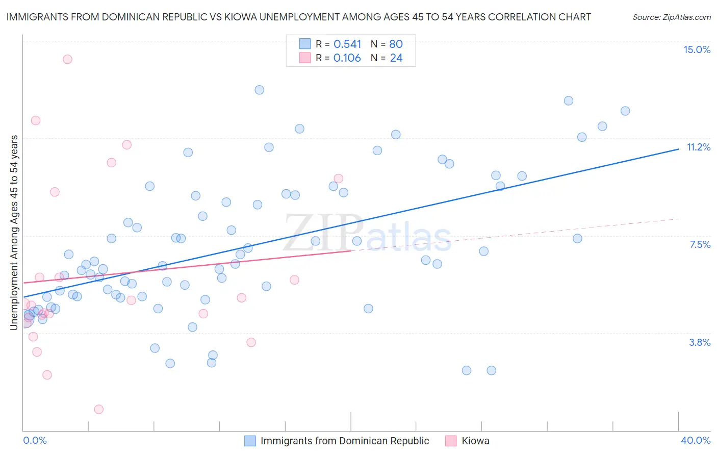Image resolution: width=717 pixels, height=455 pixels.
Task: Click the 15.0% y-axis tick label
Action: (697, 49)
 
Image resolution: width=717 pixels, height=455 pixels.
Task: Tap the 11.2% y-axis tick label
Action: (698, 147)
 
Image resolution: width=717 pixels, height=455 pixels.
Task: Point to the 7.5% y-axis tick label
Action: (700, 244)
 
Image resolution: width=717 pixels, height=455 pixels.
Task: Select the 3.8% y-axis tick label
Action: (700, 342)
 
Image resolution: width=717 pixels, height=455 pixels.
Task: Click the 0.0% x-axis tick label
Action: (35, 440)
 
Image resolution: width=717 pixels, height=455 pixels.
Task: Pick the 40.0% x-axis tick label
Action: (695, 440)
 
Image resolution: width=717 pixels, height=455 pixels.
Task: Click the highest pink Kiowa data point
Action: (67, 59)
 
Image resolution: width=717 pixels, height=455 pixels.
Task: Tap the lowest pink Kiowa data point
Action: (99, 409)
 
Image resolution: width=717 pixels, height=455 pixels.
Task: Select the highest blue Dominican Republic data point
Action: (259, 90)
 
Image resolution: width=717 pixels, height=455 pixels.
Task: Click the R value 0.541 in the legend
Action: (347, 44)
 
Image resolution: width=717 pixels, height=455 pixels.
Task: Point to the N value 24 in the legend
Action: (396, 58)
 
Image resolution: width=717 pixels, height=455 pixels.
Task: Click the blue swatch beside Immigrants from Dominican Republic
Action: (250, 441)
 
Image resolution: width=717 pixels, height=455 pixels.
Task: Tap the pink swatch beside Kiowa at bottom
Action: (451, 441)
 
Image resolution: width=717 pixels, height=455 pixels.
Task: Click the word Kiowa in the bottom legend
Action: (475, 441)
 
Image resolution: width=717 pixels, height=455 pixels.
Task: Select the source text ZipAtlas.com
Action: (686, 17)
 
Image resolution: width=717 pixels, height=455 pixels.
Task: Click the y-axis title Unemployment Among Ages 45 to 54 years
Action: (14, 232)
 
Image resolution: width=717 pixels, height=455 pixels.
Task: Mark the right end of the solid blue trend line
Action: (678, 149)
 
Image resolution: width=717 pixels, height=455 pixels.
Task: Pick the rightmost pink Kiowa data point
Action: (338, 179)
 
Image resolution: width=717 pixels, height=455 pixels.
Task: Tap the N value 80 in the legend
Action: (396, 44)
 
